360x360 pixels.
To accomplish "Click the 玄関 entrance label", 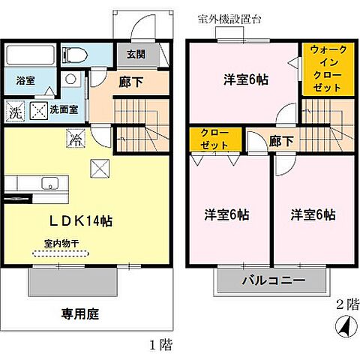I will [x=135, y=54].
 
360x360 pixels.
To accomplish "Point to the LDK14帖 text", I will [x=81, y=221].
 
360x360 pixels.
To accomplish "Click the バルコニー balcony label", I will [x=272, y=282].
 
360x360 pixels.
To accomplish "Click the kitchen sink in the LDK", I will [x=50, y=182].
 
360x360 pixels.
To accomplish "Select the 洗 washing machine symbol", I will [x=15, y=112].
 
